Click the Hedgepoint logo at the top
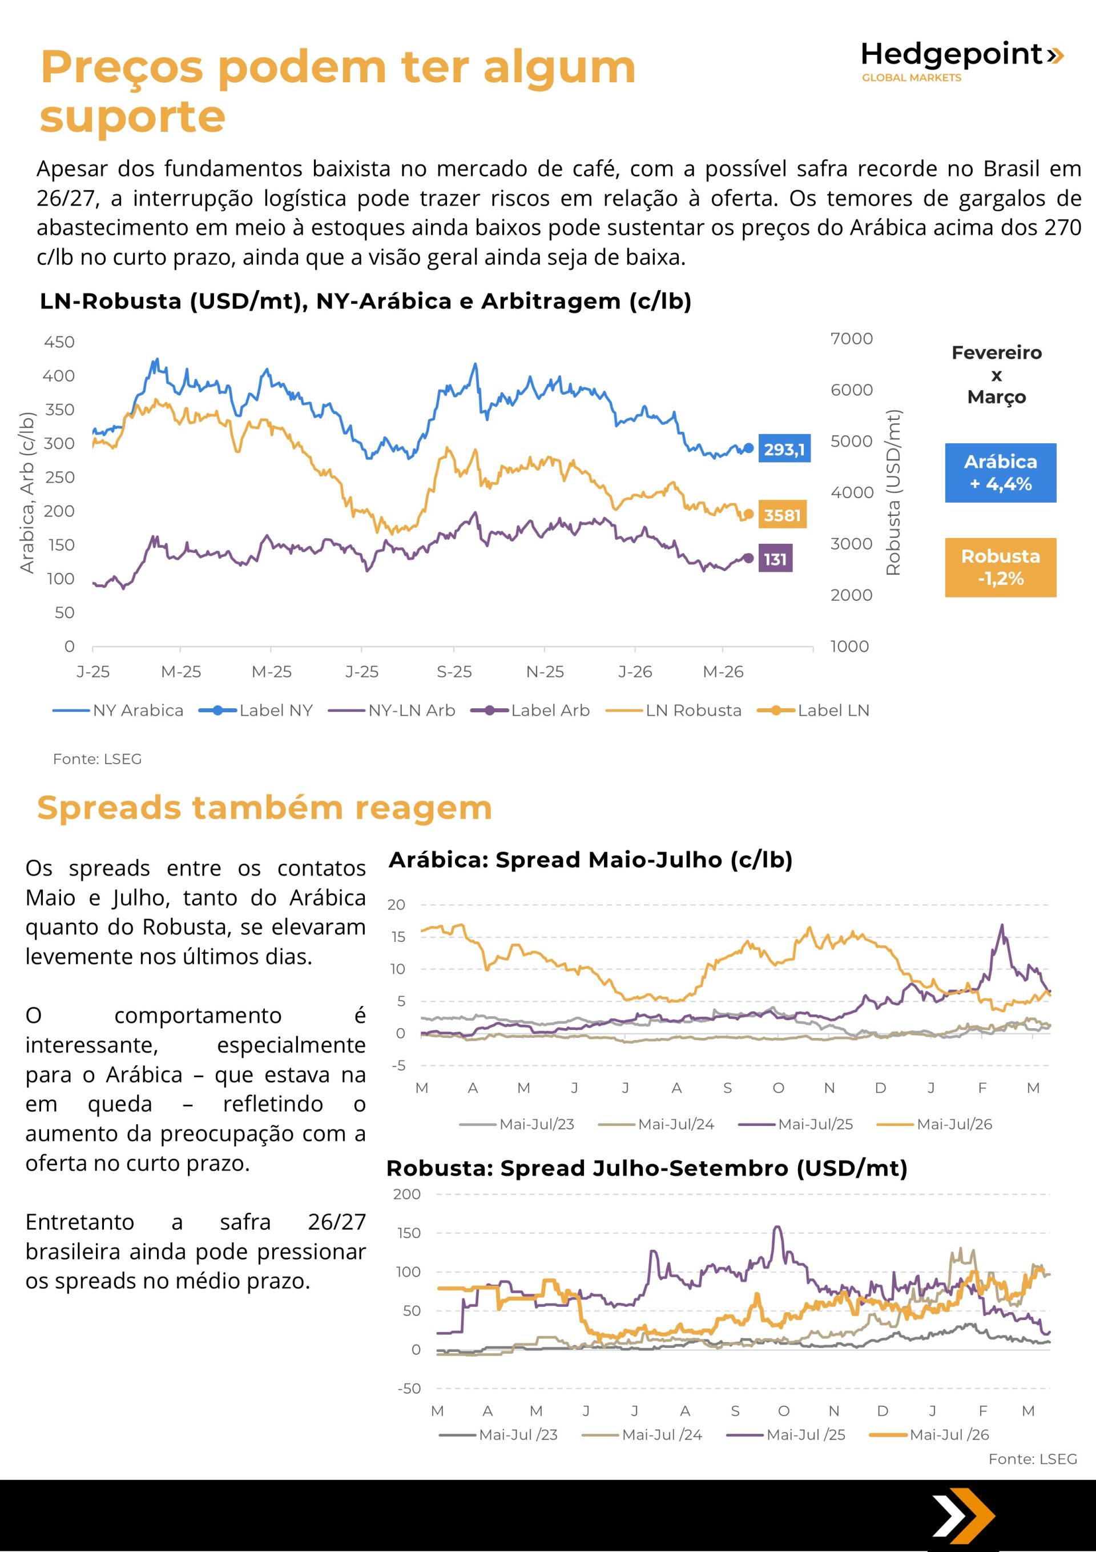tap(961, 61)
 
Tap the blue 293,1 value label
tap(784, 449)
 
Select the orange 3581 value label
tap(782, 515)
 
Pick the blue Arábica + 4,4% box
tap(1000, 472)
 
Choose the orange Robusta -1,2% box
tap(1000, 567)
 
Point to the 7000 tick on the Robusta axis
tap(851, 339)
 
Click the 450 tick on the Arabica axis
tap(59, 342)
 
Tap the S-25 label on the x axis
tap(453, 672)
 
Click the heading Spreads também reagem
tap(264, 807)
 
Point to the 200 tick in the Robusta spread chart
tap(407, 1194)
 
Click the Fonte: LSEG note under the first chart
tap(97, 759)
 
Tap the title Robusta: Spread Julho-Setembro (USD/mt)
tap(647, 1168)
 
